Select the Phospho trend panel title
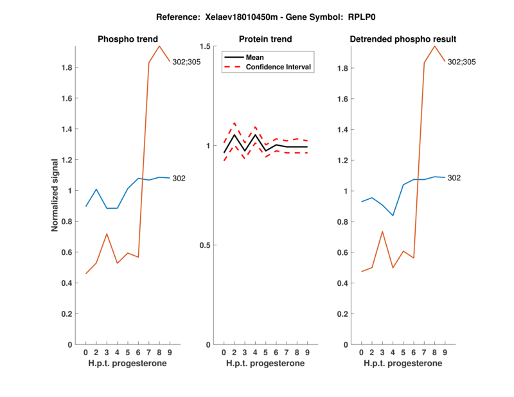[x=127, y=39]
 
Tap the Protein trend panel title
[x=265, y=39]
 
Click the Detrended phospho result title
[x=403, y=39]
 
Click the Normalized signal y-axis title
[x=56, y=195]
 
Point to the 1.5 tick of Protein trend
[x=207, y=46]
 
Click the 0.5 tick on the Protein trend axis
[x=207, y=245]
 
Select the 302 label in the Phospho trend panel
[x=179, y=178]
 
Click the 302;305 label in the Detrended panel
[x=463, y=62]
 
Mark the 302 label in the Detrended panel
[x=454, y=177]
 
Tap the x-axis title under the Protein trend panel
[x=265, y=364]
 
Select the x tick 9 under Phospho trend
[x=170, y=353]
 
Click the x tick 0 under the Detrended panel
[x=361, y=353]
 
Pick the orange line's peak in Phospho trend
[x=159, y=46]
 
